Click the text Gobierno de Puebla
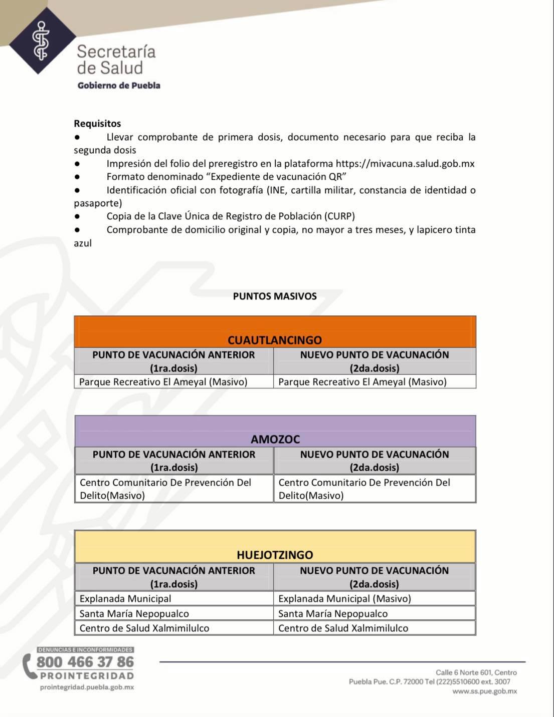pyautogui.click(x=119, y=85)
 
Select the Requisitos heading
pyautogui.click(x=97, y=123)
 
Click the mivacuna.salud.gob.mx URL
pyautogui.click(x=405, y=164)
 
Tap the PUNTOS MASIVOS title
pyautogui.click(x=275, y=296)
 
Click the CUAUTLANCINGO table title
pyautogui.click(x=275, y=340)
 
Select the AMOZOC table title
pyautogui.click(x=275, y=439)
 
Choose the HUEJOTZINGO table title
pyautogui.click(x=275, y=555)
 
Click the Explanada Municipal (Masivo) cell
pyautogui.click(x=344, y=599)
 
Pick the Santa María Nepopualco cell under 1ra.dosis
pyautogui.click(x=134, y=613)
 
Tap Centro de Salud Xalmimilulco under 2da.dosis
pyautogui.click(x=343, y=628)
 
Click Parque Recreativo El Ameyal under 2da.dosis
pyautogui.click(x=362, y=382)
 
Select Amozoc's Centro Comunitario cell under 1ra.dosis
pyautogui.click(x=165, y=489)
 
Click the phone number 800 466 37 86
pyautogui.click(x=85, y=662)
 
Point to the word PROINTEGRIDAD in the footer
pyautogui.click(x=87, y=676)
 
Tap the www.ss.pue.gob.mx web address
pyautogui.click(x=484, y=691)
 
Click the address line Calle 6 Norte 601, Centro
pyautogui.click(x=476, y=672)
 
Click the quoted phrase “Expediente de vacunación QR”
pyautogui.click(x=278, y=177)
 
